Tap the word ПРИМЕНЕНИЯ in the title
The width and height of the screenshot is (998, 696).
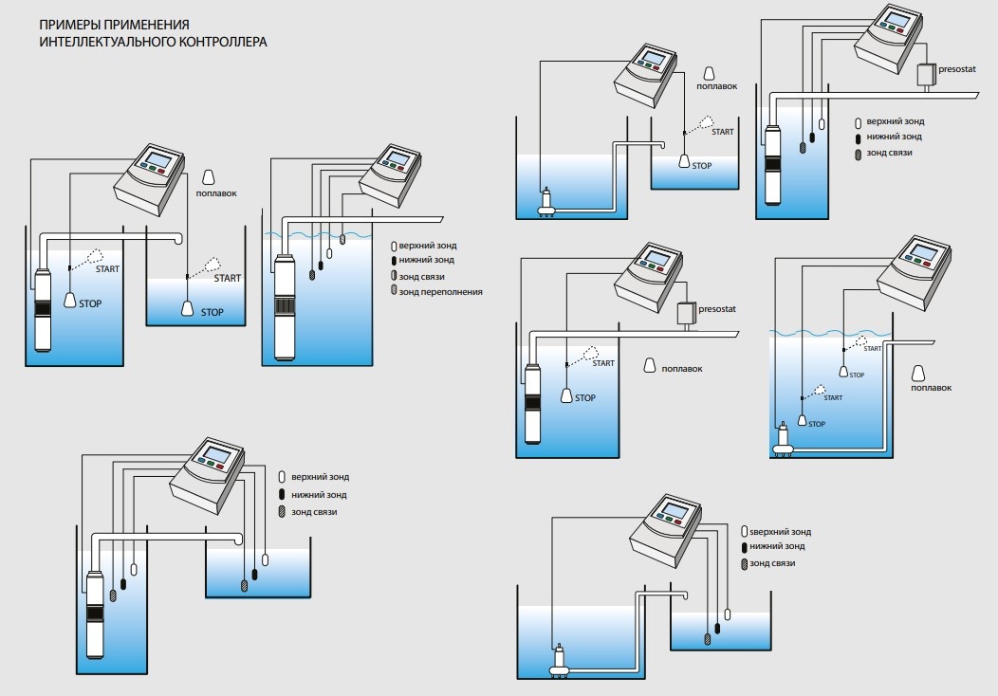[x=147, y=23]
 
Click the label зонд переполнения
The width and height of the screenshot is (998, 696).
[x=441, y=292]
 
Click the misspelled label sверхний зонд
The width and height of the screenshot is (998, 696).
[x=781, y=532]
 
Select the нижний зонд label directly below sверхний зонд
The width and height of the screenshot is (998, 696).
[x=777, y=547]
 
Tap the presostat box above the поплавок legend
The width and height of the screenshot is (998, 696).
[x=684, y=315]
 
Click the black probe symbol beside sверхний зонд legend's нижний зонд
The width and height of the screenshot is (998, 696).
[x=744, y=547]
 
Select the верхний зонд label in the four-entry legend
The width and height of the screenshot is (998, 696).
[x=428, y=246]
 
